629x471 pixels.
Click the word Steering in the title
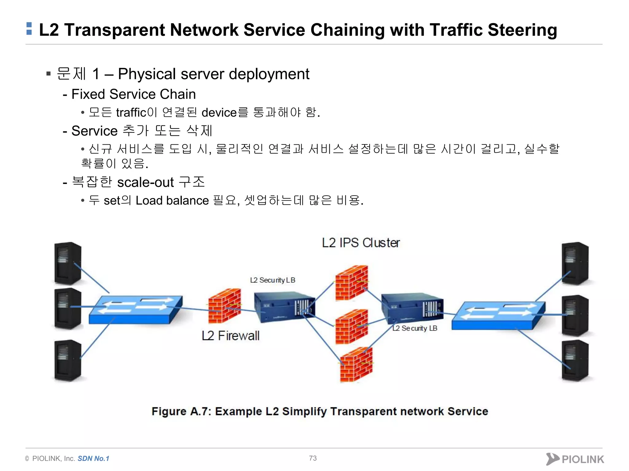tap(522, 30)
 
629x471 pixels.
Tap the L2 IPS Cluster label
tap(361, 243)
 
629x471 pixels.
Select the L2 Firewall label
tap(230, 336)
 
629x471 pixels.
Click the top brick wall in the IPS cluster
tap(351, 283)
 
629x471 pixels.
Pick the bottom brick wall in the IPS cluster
tap(356, 365)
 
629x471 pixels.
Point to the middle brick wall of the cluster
tap(351, 327)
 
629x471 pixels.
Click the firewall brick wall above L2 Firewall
tap(224, 306)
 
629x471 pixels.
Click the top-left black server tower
tap(68, 263)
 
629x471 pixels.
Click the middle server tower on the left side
tap(68, 308)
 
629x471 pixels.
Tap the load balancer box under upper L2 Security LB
tap(284, 307)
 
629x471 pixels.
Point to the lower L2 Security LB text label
tap(415, 328)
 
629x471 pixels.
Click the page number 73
tap(313, 458)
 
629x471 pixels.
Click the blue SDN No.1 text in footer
tap(93, 458)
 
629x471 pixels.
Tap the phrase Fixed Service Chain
tap(133, 94)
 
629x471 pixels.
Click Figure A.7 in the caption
tap(181, 412)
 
